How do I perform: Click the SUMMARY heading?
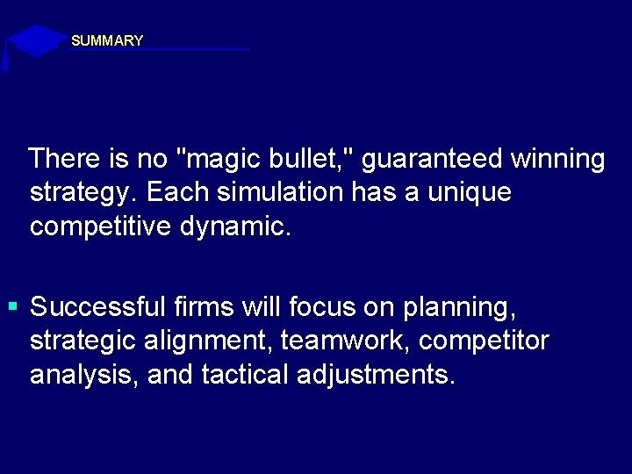click(x=106, y=40)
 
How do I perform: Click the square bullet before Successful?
click(x=12, y=307)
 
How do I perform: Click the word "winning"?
click(x=556, y=159)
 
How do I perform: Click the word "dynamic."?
click(x=234, y=226)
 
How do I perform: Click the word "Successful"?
click(x=97, y=307)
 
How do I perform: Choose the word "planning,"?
click(x=459, y=308)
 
